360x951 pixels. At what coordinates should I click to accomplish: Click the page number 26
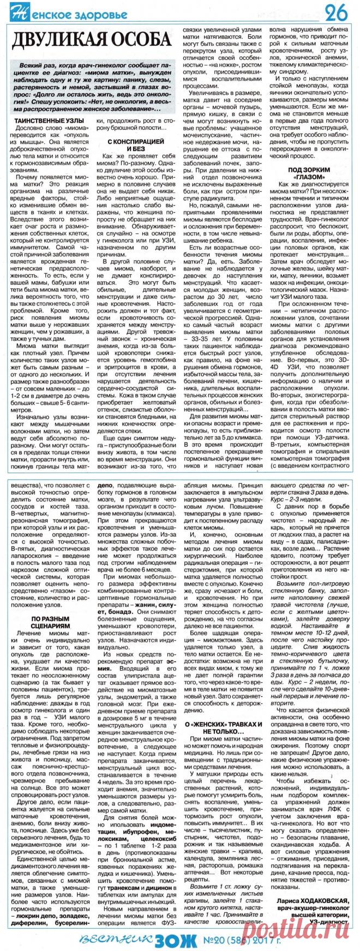pos(338,12)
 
